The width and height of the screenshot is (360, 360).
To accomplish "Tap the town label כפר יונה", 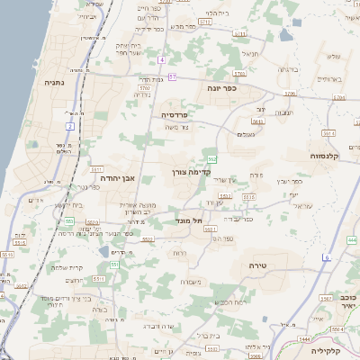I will click(x=220, y=88).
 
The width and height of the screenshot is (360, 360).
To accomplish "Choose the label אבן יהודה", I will click(x=112, y=177).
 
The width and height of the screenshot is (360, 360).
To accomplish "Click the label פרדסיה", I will click(x=173, y=115).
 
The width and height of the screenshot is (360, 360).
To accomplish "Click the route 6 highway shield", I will click(x=328, y=257).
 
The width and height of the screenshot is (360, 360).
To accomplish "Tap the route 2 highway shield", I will click(x=69, y=126).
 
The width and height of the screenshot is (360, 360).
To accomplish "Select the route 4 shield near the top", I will click(x=161, y=59).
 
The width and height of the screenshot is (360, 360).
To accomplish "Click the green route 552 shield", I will click(x=211, y=158).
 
